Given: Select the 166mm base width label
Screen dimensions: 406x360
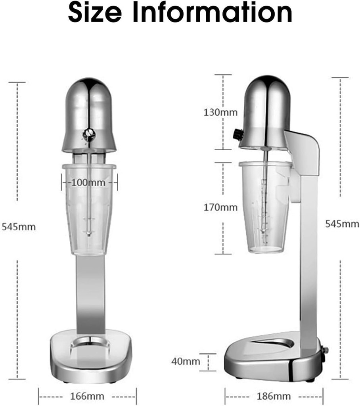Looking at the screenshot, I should [x=87, y=396].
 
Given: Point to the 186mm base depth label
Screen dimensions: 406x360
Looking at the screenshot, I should [x=274, y=396].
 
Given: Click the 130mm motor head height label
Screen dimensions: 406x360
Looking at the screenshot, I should [x=220, y=112].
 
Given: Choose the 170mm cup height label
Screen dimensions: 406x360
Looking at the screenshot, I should [x=220, y=207].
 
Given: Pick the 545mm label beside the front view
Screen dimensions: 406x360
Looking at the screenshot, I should [x=19, y=227].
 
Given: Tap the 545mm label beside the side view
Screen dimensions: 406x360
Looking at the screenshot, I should [x=342, y=224].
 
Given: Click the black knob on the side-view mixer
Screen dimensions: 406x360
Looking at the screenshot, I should [x=238, y=134].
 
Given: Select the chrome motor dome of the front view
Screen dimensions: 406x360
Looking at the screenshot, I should [x=89, y=107].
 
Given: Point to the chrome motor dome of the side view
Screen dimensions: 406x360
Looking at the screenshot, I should [x=266, y=107].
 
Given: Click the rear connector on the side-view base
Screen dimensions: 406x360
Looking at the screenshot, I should [x=326, y=350].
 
